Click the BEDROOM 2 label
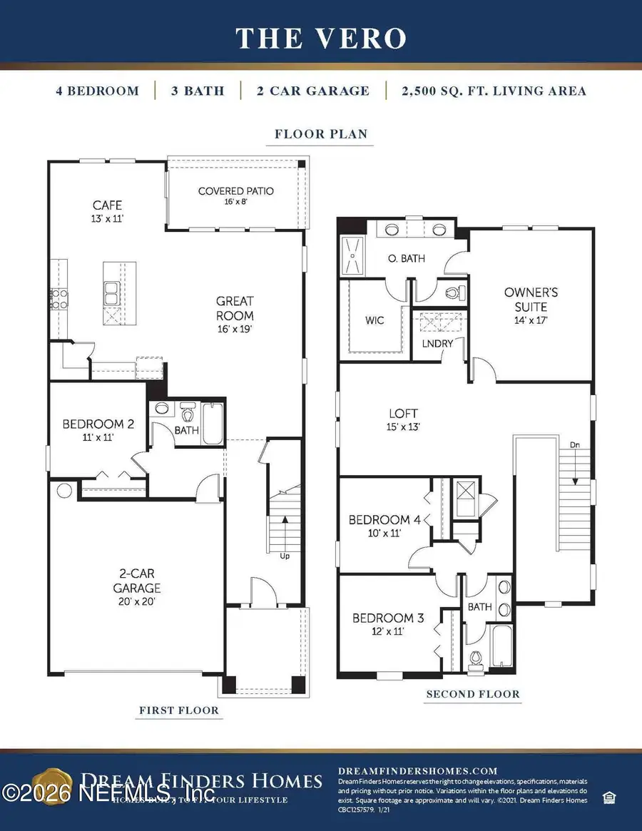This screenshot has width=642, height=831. point(98,429)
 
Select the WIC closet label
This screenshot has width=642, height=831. point(374,320)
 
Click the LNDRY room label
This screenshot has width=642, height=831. point(439,344)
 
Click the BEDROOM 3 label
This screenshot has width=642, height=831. point(388,623)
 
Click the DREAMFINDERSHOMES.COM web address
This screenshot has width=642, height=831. point(417,771)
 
